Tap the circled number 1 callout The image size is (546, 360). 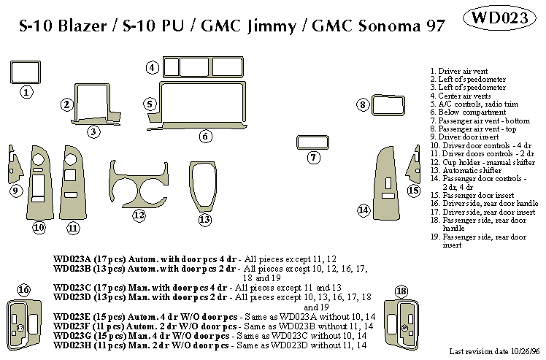(26, 93)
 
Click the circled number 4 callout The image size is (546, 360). (152, 68)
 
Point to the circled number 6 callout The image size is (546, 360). (205, 136)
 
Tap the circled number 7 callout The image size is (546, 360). (313, 158)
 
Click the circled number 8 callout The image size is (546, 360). (362, 106)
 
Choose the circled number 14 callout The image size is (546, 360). (363, 210)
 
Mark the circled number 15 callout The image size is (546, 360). (414, 191)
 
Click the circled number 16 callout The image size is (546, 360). (24, 291)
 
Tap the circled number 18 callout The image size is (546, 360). (400, 292)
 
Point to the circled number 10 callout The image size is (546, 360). (39, 229)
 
